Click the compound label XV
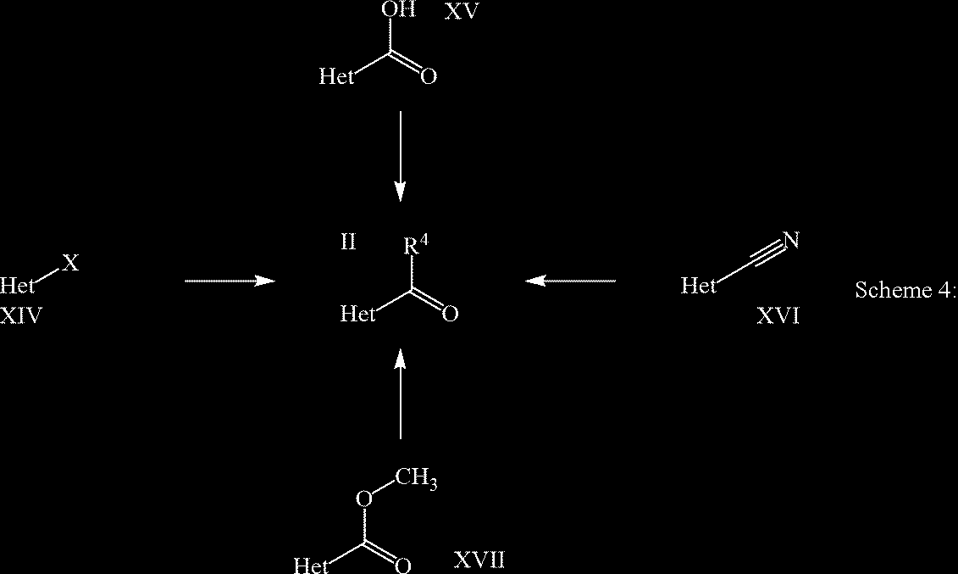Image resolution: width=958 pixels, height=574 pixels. (461, 10)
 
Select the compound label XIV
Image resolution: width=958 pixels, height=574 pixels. (21, 315)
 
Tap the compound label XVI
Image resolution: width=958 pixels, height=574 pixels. (778, 315)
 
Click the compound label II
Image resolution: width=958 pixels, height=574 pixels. (348, 242)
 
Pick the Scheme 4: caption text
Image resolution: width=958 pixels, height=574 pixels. (905, 289)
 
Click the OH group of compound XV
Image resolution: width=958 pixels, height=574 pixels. (398, 9)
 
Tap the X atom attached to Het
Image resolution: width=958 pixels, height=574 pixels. (71, 264)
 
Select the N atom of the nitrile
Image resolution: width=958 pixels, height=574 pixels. (791, 240)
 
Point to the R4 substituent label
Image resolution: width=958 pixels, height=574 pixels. (415, 244)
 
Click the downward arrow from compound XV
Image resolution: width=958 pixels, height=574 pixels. (400, 156)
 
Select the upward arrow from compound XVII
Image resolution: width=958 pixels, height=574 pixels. (400, 393)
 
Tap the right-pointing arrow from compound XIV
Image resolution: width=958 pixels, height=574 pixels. (230, 281)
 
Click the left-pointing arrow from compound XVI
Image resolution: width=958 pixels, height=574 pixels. (570, 281)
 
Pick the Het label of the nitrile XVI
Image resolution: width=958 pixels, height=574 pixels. (698, 285)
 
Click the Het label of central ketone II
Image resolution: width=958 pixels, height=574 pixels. (357, 314)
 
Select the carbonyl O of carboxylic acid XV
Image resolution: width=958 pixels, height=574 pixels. (429, 76)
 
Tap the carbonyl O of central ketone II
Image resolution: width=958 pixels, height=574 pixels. (451, 314)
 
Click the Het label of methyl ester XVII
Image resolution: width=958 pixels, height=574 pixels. (312, 565)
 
